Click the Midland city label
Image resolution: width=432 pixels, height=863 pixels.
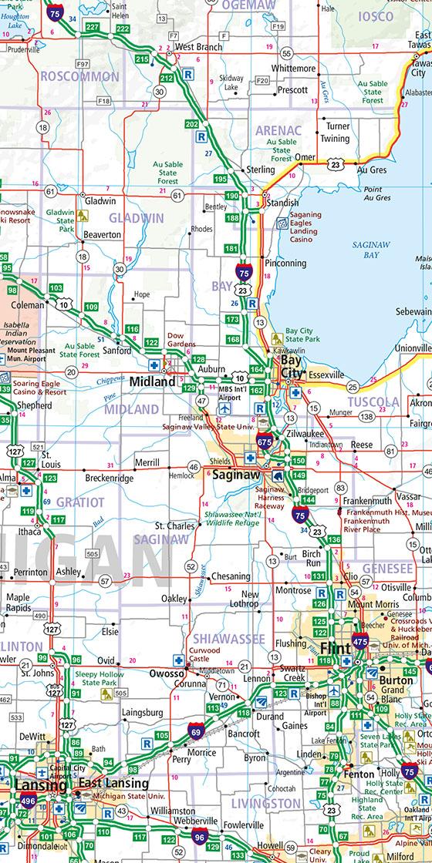(153, 381)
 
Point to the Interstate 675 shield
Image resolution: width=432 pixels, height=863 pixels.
(264, 442)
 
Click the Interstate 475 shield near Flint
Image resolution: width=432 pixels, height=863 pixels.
(359, 640)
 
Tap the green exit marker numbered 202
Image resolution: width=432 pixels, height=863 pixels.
(192, 124)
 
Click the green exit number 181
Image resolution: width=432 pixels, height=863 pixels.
(231, 249)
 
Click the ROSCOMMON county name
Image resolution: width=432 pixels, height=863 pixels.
(80, 77)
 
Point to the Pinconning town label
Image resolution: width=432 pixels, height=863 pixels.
(285, 264)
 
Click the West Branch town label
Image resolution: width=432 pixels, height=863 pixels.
(199, 47)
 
